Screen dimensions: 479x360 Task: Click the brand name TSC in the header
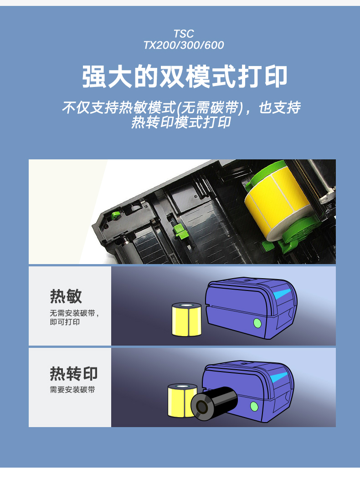tap(184, 34)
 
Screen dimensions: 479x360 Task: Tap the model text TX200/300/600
tap(184, 45)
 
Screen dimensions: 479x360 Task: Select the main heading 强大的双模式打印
tap(185, 76)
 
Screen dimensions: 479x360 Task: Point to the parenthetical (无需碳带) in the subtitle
tap(209, 108)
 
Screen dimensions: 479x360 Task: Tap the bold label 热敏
tap(66, 296)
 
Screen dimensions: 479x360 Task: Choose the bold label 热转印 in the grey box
tap(74, 374)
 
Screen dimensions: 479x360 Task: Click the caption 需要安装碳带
tap(72, 390)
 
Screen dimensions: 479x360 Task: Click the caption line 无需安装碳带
tap(73, 314)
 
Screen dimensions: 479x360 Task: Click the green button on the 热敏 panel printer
tap(257, 323)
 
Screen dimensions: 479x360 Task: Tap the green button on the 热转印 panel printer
tap(254, 407)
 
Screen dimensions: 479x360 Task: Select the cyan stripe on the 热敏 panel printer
tap(283, 293)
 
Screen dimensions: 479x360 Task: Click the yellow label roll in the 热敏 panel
tap(187, 320)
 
